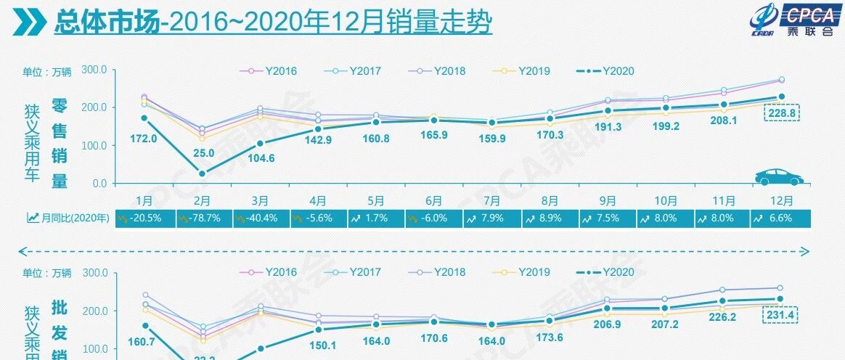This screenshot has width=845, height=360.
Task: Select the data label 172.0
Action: pos(132,138)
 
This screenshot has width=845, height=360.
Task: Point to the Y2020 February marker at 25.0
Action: pos(202,174)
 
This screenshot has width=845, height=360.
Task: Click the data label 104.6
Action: pos(261,158)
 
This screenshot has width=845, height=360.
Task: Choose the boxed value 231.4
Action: pos(781,316)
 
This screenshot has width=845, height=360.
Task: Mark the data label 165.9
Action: pos(434,134)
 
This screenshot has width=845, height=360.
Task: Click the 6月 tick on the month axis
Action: pos(434,199)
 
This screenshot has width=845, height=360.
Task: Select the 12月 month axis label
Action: pos(781,199)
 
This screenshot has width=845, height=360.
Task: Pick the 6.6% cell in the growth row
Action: pos(781,217)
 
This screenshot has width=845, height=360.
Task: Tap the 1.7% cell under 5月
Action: pos(376,217)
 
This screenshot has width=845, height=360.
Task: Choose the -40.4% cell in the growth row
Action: pos(261,217)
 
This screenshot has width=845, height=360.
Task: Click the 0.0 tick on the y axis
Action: pos(98,184)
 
